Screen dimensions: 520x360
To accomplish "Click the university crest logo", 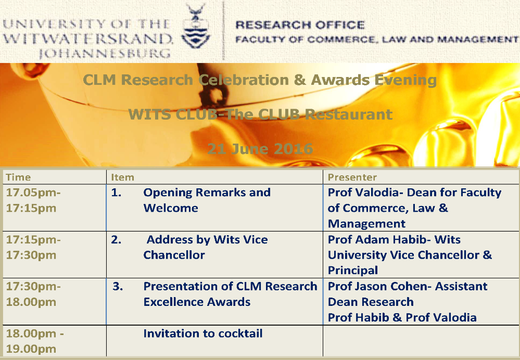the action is click(196, 27).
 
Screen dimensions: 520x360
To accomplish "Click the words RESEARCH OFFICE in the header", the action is click(300, 25).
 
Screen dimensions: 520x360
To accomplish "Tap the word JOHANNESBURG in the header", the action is click(105, 54).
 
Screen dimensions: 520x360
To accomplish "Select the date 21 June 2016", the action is click(260, 149).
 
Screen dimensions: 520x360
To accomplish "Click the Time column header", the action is click(18, 177).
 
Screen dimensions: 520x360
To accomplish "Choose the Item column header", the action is click(122, 177).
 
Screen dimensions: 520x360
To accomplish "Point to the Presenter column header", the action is click(352, 177).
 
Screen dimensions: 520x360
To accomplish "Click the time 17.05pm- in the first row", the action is click(33, 192).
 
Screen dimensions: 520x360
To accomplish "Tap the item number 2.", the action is click(116, 240).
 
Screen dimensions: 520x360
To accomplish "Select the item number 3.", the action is click(118, 287).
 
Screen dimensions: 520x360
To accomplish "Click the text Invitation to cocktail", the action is click(202, 333).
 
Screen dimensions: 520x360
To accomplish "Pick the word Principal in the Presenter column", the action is click(353, 271).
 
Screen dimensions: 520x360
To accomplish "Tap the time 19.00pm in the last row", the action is click(31, 349).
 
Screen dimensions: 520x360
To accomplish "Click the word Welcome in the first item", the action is click(170, 208).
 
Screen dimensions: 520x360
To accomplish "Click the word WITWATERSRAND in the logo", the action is click(87, 39).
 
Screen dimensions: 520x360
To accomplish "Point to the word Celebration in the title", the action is click(244, 80).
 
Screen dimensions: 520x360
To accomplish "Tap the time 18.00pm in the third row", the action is click(31, 302).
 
